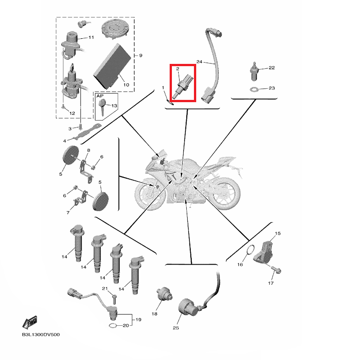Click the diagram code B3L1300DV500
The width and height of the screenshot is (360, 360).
click(x=40, y=335)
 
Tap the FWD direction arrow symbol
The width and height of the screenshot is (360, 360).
click(x=30, y=322)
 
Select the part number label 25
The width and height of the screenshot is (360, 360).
click(x=175, y=328)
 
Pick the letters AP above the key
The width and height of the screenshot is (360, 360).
click(x=99, y=96)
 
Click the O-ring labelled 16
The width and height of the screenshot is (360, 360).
click(x=251, y=250)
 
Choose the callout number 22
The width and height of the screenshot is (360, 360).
click(x=271, y=68)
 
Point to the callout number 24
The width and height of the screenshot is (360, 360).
click(x=199, y=62)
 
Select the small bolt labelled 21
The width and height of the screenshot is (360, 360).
click(x=115, y=297)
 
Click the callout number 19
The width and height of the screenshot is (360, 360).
click(x=138, y=319)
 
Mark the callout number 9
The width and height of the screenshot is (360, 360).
click(x=140, y=55)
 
